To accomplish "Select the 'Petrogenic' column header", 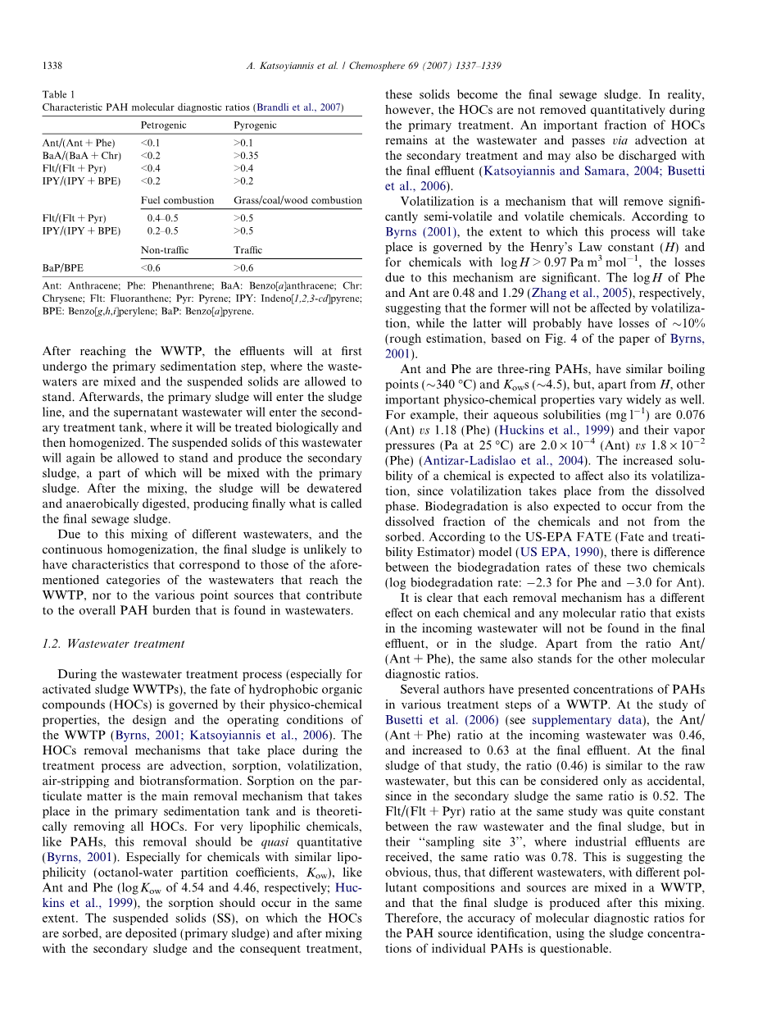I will click(x=164, y=125).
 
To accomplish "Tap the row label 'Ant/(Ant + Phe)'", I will click(x=79, y=144).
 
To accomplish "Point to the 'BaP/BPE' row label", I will click(x=64, y=267).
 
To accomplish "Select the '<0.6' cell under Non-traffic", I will click(x=151, y=267).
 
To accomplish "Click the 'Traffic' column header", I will click(x=247, y=249).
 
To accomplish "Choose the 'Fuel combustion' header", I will click(x=177, y=200).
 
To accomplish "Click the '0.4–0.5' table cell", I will click(x=162, y=218).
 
